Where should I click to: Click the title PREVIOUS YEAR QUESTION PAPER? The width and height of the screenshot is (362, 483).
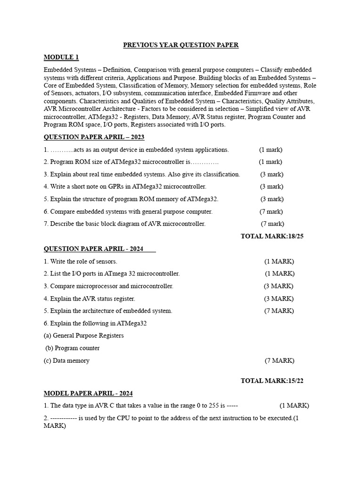[x=181, y=45]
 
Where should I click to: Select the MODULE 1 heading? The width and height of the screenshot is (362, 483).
[x=61, y=58]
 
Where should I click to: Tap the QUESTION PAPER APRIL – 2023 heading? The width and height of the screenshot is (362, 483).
[x=94, y=137]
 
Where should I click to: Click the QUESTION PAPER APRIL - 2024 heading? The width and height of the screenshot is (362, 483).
[x=94, y=249]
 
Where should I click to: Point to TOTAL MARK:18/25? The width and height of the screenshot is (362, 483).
[x=272, y=236]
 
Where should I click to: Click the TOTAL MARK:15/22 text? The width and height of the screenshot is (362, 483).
[x=272, y=381]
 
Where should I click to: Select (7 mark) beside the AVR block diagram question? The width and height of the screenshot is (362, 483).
[x=272, y=224]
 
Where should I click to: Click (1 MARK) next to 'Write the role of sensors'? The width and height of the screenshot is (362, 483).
[x=279, y=261]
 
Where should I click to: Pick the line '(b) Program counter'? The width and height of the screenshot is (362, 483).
[x=73, y=348]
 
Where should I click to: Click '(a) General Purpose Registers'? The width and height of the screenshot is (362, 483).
[x=84, y=336]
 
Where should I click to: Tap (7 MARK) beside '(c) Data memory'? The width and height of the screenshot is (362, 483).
[x=280, y=361]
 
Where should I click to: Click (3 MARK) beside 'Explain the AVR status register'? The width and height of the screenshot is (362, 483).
[x=279, y=299]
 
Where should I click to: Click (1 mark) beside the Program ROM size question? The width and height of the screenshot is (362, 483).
[x=271, y=162]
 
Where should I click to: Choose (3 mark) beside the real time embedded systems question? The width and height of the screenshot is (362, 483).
[x=272, y=175]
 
